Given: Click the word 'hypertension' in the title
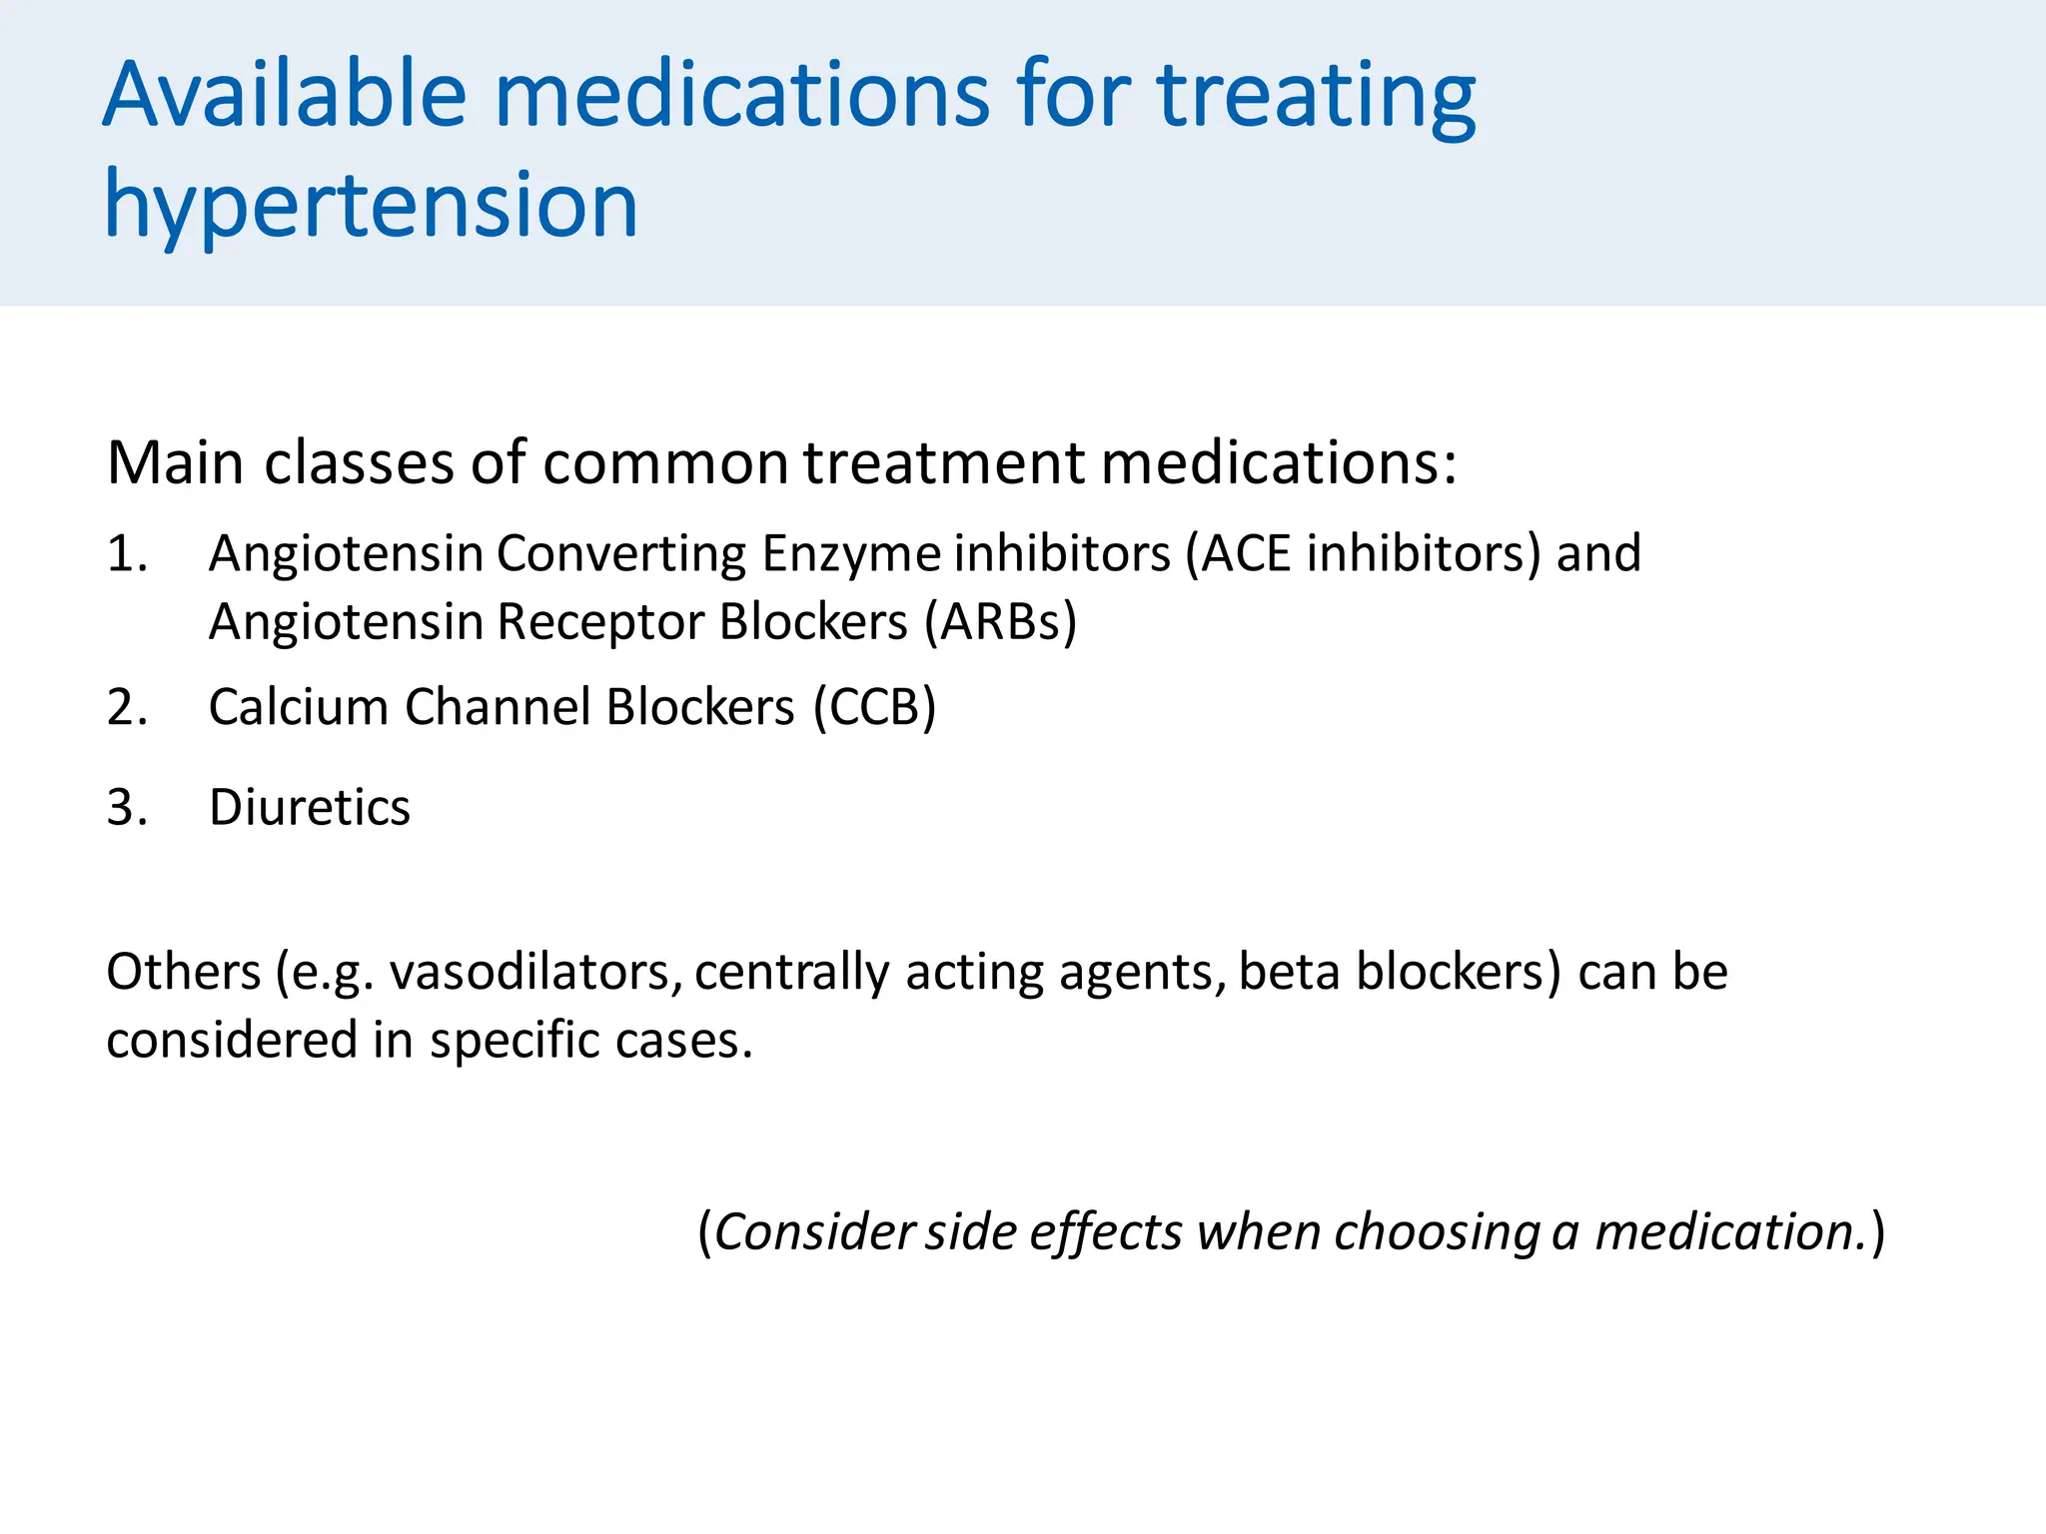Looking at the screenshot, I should [371, 206].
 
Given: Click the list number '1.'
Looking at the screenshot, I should [127, 554].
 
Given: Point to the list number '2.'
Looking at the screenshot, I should [127, 707].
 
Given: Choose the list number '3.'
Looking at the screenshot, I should [127, 807].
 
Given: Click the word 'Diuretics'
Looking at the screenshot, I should [309, 807].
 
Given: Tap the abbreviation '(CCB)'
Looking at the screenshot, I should [874, 707].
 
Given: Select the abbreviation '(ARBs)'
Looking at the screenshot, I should [1000, 622].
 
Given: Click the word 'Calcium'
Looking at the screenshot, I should [298, 707].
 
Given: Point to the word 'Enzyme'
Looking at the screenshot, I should [851, 554].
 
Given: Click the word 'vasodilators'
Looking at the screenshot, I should [535, 972].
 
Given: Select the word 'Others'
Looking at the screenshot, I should [184, 972].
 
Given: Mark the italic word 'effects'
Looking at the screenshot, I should [1106, 1231].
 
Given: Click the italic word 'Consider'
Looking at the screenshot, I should [813, 1231].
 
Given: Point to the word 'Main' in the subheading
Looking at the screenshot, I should [176, 463].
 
